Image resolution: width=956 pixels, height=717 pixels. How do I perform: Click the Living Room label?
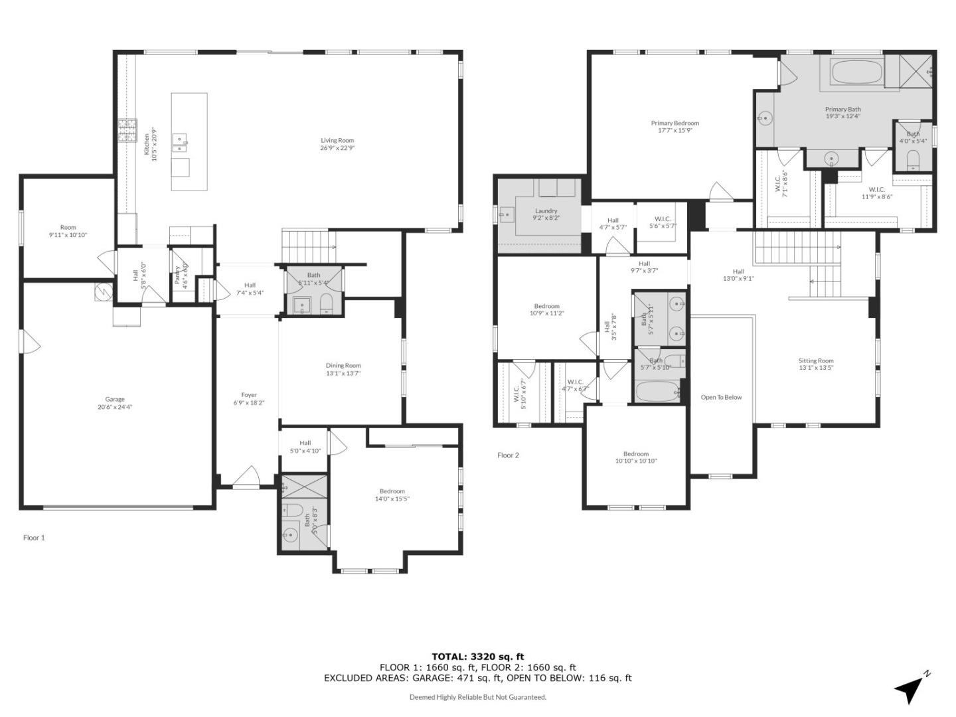tap(337, 141)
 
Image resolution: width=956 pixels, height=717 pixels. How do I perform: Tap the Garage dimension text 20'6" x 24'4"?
tap(115, 408)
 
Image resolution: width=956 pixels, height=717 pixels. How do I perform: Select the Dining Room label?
tap(343, 365)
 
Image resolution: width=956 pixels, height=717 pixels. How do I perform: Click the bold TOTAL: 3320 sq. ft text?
tap(477, 657)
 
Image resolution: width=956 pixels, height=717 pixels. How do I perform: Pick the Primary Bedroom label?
tap(675, 123)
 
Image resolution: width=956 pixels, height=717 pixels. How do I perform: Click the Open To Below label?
tap(721, 398)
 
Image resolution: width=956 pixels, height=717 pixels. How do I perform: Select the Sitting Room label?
tap(816, 361)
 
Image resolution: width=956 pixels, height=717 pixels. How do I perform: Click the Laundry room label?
tap(546, 211)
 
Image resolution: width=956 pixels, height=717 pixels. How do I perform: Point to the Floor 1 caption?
tap(34, 538)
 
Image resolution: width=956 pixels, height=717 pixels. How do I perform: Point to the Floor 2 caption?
tap(508, 455)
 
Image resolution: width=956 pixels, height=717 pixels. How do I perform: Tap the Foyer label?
tap(249, 395)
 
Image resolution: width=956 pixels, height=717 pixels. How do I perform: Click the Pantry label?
tap(177, 276)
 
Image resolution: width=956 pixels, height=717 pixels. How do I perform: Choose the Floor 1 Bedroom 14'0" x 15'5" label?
tap(392, 491)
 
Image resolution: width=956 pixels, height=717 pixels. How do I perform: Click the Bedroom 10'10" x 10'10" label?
tap(635, 454)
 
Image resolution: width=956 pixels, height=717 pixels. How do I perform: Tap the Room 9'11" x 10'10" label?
tap(68, 228)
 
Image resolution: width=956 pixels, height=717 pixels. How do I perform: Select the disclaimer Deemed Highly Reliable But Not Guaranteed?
tap(477, 697)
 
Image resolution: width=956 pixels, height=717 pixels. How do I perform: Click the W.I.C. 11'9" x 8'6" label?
tap(876, 189)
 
